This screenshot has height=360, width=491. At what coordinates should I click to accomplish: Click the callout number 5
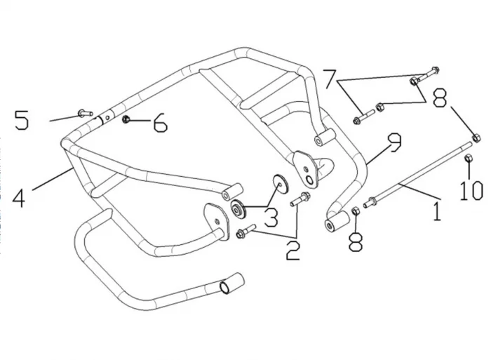[x=22, y=120]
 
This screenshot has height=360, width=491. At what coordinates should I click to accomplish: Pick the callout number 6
[x=161, y=124]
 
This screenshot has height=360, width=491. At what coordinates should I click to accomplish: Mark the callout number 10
[x=471, y=189]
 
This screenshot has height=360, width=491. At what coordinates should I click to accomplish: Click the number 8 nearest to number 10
[x=439, y=99]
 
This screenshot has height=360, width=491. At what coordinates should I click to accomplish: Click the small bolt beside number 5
[x=84, y=112]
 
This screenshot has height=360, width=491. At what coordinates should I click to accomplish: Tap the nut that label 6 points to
[x=126, y=120]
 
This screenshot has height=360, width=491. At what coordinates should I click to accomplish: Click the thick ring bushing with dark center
[x=238, y=209]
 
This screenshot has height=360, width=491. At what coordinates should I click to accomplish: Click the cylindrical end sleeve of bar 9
[x=335, y=225]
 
